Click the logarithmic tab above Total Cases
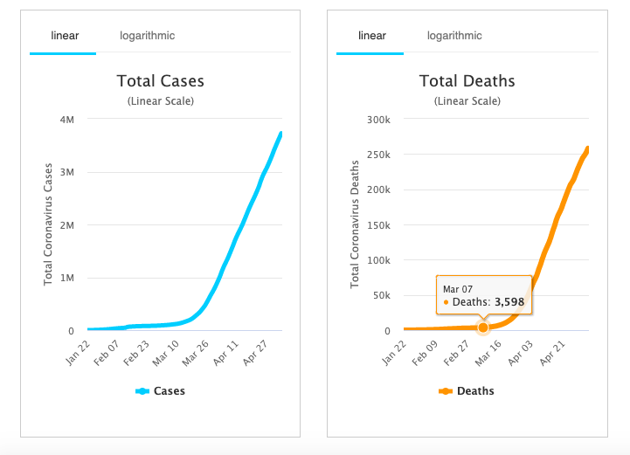[x=147, y=36]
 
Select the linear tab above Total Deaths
[x=371, y=36]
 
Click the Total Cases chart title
[x=161, y=81]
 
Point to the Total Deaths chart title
[x=467, y=81]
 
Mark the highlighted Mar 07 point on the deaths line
[x=483, y=327]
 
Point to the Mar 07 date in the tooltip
[x=458, y=288]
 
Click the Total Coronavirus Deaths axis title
[x=356, y=224]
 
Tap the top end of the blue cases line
[x=280, y=134]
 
